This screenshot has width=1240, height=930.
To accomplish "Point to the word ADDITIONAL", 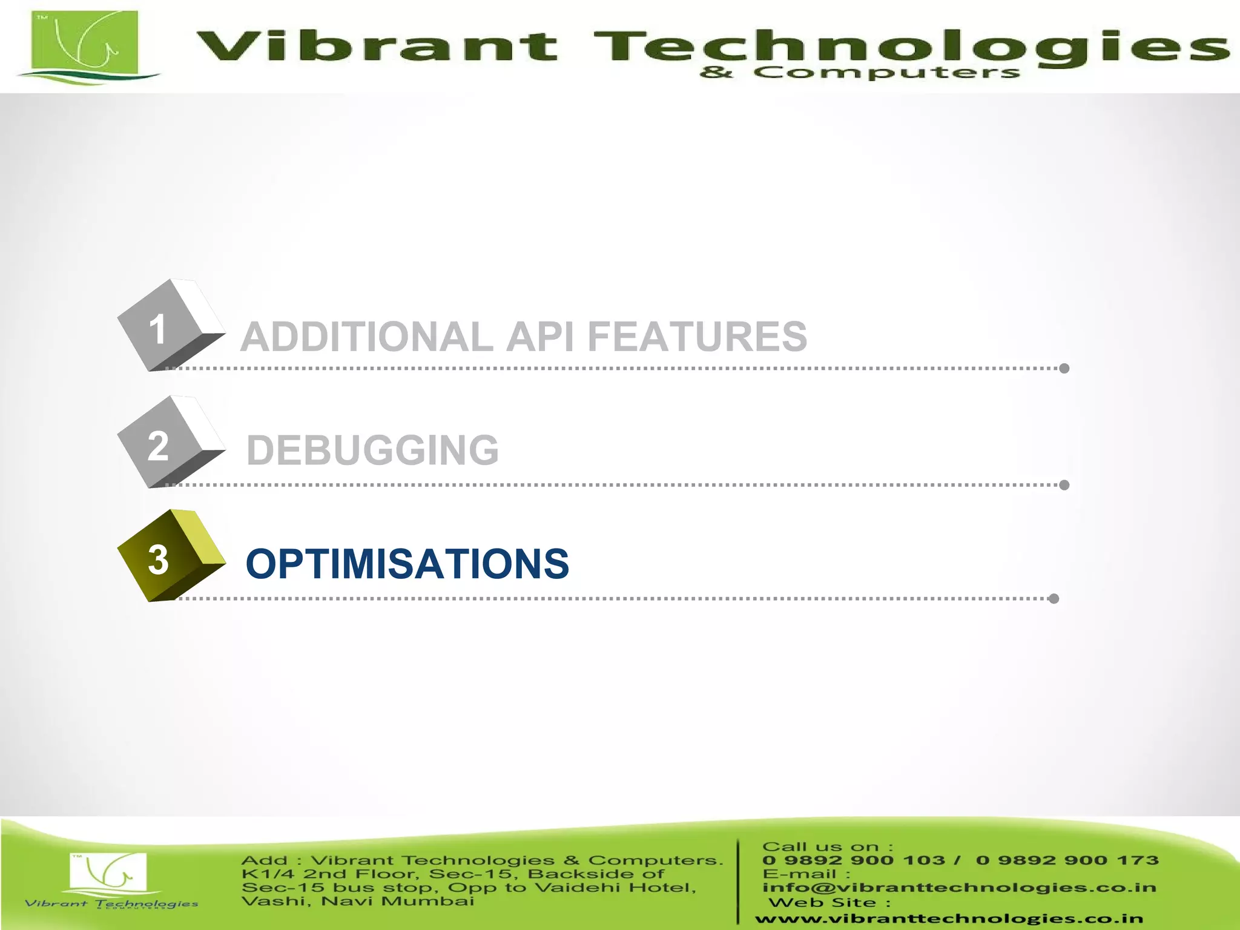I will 366,337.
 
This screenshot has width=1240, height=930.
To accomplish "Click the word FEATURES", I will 697,337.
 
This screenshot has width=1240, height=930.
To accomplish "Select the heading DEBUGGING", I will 372,450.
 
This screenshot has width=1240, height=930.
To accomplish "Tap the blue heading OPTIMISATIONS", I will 407,564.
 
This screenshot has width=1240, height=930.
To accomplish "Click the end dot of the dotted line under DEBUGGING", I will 1064,485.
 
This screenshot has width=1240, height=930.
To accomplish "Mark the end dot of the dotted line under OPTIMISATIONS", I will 1054,599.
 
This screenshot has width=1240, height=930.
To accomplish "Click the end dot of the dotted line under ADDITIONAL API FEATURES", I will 1064,368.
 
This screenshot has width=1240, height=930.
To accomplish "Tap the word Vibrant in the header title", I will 376,47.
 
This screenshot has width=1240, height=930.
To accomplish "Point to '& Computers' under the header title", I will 860,73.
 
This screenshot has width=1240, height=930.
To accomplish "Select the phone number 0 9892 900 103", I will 853,860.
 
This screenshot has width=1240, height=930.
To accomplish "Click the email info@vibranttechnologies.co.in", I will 959,888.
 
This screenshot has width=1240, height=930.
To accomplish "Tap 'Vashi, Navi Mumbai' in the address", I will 357,902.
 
